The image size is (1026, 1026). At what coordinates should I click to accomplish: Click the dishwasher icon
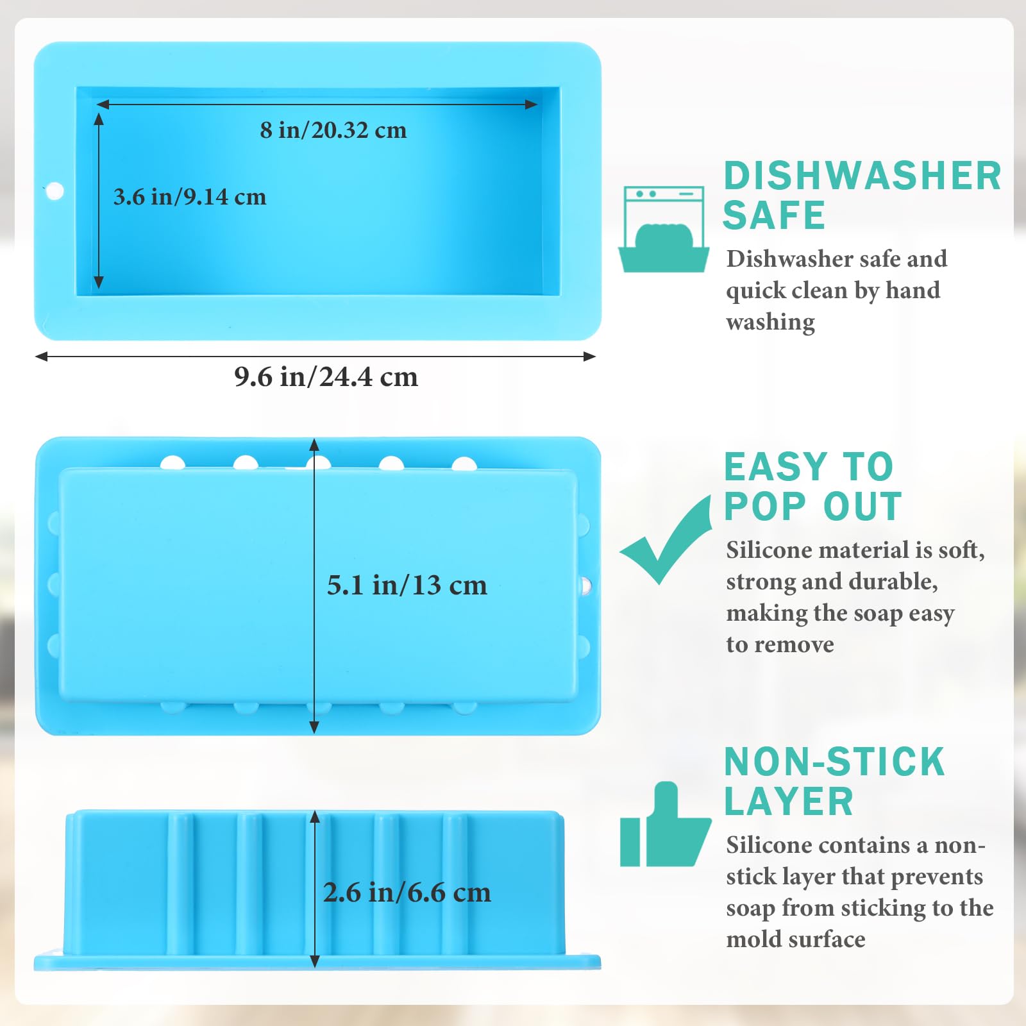pos(664,229)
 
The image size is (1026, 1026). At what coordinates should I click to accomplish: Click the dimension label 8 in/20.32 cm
pos(333,130)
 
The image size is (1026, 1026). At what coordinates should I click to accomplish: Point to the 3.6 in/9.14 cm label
pos(190,197)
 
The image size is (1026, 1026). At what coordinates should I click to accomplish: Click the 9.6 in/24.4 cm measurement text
pos(326,376)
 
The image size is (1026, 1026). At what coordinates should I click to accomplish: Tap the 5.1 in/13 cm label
pos(407,585)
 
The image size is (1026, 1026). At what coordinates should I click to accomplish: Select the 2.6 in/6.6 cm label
pos(407,892)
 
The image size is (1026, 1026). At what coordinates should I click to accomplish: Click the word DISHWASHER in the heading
pos(862,176)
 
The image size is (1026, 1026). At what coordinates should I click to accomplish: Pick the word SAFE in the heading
pos(774,215)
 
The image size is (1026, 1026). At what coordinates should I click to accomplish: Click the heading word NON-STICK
pos(834,762)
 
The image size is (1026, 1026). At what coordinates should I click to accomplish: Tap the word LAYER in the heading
pos(789,802)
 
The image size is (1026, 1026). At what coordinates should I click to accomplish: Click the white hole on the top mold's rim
pos(55,191)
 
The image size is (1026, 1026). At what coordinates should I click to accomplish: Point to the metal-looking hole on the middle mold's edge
pos(585,585)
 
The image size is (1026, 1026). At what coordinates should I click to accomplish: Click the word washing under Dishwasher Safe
pos(771,322)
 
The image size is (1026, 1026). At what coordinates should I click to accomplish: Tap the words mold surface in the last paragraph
pos(796,939)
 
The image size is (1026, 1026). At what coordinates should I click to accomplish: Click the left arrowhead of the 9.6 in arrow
pos(41,357)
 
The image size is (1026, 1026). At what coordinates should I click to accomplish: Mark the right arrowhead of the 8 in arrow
pos(532,105)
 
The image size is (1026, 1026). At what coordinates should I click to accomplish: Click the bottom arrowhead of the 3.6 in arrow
pos(99,282)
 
